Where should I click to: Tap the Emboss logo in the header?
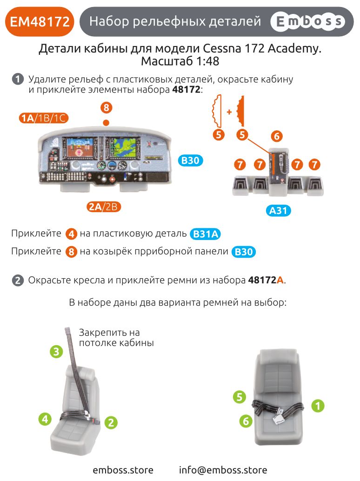click(307, 21)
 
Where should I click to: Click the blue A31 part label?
click(280, 211)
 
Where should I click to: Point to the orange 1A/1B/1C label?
click(44, 118)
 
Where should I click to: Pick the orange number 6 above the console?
click(277, 136)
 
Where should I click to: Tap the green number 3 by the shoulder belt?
click(56, 352)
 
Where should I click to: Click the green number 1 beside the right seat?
click(318, 406)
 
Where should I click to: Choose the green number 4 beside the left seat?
click(45, 419)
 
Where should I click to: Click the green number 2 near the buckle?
click(111, 422)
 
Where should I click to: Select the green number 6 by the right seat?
click(246, 421)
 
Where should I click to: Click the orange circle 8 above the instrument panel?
click(107, 108)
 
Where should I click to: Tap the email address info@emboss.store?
click(223, 470)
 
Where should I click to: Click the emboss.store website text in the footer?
click(123, 470)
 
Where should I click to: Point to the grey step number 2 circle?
click(18, 281)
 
